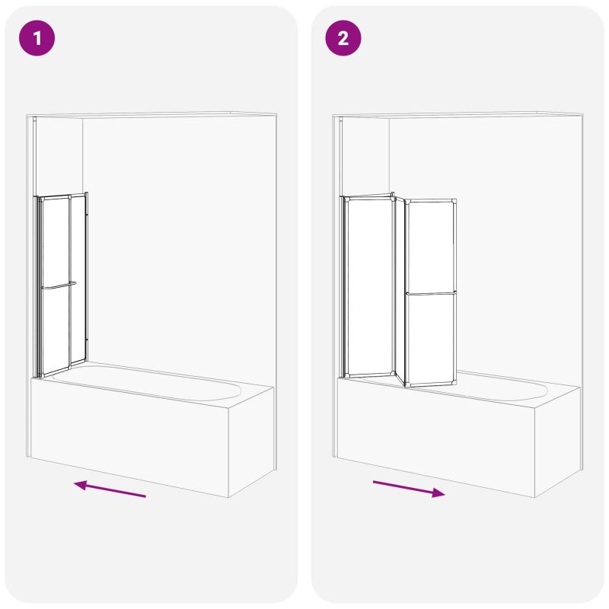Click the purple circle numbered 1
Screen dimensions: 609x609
pos(37,38)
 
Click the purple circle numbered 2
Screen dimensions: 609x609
pos(343,38)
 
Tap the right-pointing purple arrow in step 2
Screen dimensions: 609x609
pos(409,489)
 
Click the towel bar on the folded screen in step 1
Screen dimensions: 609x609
pos(59,286)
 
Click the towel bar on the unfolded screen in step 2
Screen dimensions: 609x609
pos(431,293)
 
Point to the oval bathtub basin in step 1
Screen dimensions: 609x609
pos(146,382)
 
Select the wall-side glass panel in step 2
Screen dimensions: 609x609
pos(368,286)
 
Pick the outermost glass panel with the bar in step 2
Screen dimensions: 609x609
pos(431,292)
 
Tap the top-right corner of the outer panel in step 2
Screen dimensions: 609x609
pos(456,199)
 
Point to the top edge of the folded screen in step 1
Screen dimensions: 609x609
pos(62,196)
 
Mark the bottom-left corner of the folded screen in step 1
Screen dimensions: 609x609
pos(36,377)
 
